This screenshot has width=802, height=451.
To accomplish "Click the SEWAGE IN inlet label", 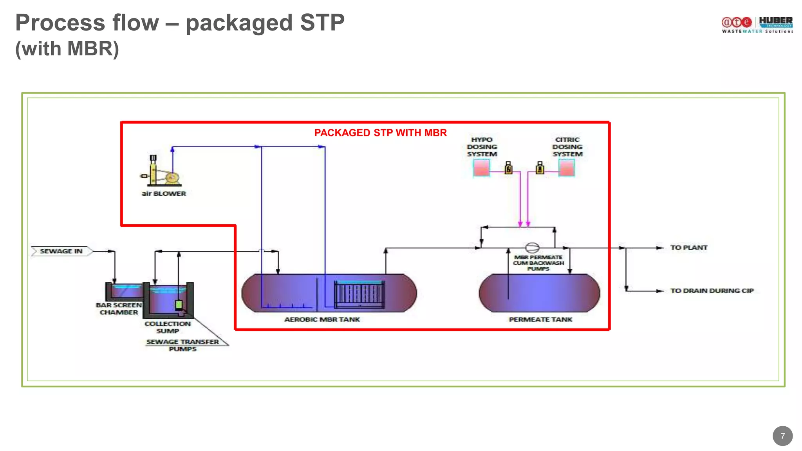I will click(x=61, y=251).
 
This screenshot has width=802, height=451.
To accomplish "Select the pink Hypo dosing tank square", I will click(x=481, y=168).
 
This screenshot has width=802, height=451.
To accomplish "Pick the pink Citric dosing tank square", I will click(x=566, y=168).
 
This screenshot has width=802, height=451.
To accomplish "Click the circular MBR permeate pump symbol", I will click(x=532, y=247).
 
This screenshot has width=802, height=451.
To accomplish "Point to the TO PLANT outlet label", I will click(x=688, y=247).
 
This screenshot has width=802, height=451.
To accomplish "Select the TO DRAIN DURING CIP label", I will click(x=712, y=290).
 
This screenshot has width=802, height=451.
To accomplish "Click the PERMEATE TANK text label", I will click(x=540, y=319).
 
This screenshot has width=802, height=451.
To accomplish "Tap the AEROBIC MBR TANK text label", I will click(x=322, y=319).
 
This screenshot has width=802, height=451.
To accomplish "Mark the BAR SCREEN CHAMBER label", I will click(x=119, y=308).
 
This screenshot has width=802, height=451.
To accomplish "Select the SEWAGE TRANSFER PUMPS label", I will click(x=182, y=345).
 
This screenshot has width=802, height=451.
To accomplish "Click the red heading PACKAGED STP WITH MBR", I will click(x=380, y=133).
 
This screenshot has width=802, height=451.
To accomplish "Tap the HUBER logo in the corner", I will click(x=775, y=22).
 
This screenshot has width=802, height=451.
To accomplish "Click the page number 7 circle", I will click(x=782, y=436).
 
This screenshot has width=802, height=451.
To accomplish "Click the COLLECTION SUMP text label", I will click(x=168, y=327).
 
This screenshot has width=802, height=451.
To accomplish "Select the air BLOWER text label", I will click(x=164, y=193).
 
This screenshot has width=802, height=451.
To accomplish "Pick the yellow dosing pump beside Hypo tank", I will click(x=508, y=168).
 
